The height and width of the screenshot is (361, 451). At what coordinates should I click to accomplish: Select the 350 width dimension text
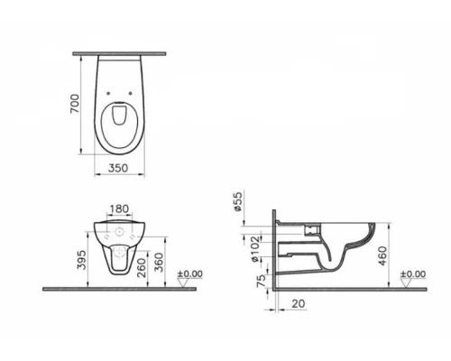tap(120, 168)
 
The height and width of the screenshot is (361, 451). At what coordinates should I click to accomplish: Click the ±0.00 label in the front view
tap(188, 273)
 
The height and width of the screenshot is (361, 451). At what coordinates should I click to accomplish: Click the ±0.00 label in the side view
tap(413, 273)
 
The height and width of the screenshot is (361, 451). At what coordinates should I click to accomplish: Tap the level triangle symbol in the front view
tap(184, 283)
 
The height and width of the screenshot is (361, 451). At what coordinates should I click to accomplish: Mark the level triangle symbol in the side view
tap(410, 283)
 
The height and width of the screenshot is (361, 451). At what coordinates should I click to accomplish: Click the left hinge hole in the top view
tap(109, 92)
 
